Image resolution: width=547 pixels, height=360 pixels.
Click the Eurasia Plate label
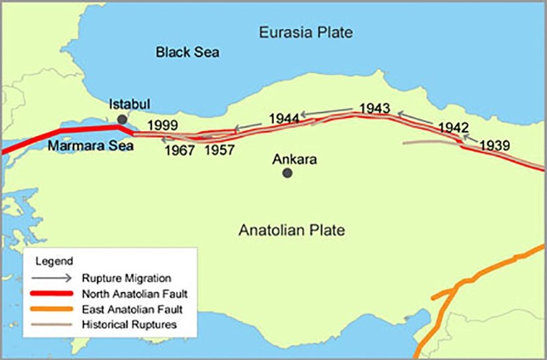pos(306,32)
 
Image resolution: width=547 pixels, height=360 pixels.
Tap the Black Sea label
pos(188,52)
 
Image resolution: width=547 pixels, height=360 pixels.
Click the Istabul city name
pos(130,105)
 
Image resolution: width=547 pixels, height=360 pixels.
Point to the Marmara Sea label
pos(90,146)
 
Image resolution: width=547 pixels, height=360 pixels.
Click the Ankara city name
pos(295,160)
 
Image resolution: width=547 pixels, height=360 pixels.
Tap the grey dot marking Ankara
pos(287,173)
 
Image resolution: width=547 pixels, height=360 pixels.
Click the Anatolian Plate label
pos(292,231)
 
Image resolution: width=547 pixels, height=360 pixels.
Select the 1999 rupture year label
pos(162,124)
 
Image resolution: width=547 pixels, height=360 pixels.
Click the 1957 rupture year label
pos(219,150)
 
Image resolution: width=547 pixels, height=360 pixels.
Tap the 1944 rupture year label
pos(284,119)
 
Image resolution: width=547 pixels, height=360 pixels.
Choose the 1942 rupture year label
pos(454,128)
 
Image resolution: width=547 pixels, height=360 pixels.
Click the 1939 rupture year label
pos(495,145)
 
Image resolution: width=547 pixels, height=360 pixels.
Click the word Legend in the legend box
pos(50,261)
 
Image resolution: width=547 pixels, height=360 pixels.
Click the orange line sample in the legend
pos(54,309)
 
